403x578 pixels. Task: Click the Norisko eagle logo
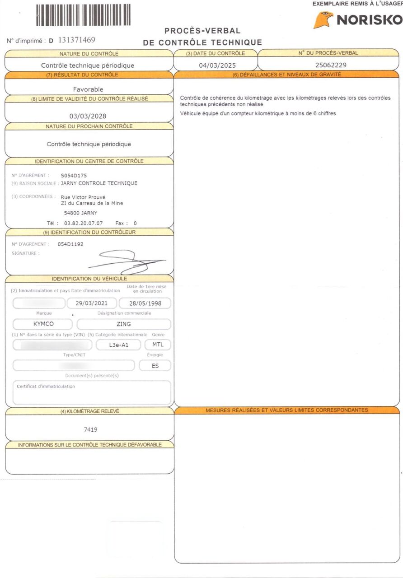click(x=323, y=20)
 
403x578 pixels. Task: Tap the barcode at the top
click(x=83, y=14)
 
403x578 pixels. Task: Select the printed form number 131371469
click(x=77, y=40)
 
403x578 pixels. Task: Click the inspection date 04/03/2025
click(x=215, y=65)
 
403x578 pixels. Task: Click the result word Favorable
click(x=88, y=89)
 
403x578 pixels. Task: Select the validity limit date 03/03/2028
click(x=88, y=116)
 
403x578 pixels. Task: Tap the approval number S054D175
click(x=74, y=175)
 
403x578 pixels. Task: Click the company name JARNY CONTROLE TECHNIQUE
click(x=99, y=183)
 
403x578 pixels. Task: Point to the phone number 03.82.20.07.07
click(x=83, y=223)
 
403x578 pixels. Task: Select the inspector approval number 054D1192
click(x=70, y=244)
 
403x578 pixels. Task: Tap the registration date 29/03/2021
click(x=92, y=303)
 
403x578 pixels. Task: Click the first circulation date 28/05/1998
click(x=145, y=303)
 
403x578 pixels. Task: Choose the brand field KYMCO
click(x=43, y=324)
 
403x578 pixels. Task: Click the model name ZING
click(x=124, y=324)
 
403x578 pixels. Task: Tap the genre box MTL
click(x=158, y=345)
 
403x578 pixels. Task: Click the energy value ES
click(x=155, y=366)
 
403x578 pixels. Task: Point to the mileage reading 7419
click(x=91, y=429)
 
